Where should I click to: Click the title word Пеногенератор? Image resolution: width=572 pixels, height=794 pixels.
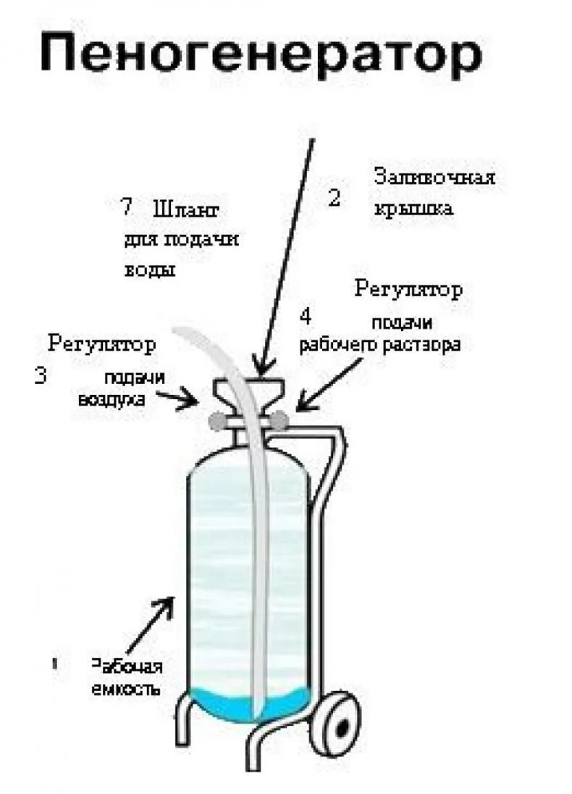(261, 57)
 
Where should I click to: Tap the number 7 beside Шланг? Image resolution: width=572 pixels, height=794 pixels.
(127, 207)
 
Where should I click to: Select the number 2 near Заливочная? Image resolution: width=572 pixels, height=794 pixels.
(334, 198)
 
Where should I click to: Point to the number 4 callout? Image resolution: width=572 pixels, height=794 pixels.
(306, 316)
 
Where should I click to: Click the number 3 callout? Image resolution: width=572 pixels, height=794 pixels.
(41, 375)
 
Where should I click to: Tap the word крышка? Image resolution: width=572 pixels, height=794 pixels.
(413, 209)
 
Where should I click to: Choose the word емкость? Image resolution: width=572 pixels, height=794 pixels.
(125, 689)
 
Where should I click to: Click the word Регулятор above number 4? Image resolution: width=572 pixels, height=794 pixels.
(409, 290)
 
